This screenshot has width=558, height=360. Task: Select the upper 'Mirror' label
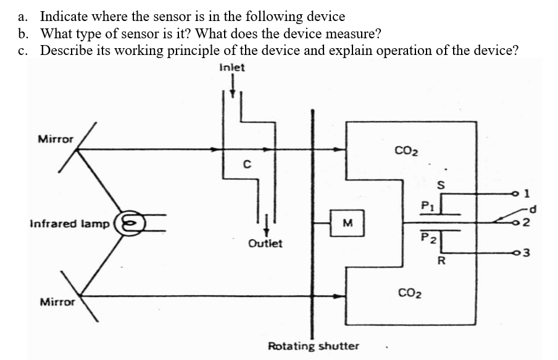point(56,139)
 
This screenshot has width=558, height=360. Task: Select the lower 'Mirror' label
point(57,302)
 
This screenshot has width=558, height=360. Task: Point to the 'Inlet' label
point(231,67)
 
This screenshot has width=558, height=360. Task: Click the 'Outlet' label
point(265,243)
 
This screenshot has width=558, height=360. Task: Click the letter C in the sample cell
point(246,164)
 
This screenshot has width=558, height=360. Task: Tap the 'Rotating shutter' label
point(313,345)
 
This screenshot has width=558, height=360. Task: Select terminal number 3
point(525,253)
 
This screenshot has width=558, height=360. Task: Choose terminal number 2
point(525,224)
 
